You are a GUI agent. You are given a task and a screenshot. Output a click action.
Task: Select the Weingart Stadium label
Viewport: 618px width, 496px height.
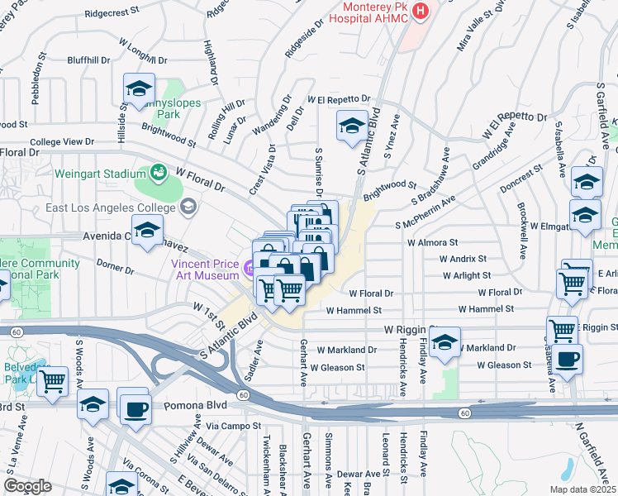pos(99,174)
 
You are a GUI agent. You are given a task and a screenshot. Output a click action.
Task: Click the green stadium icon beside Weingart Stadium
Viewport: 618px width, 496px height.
pos(157,173)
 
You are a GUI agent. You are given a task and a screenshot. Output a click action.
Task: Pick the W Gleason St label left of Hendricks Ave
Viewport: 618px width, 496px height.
pos(337,367)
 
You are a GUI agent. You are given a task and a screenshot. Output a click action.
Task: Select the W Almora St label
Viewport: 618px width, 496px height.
pos(431,243)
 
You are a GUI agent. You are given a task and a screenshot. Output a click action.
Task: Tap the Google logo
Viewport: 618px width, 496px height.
pos(28,486)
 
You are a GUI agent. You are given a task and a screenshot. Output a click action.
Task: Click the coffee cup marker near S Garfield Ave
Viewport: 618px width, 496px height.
pos(568,359)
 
